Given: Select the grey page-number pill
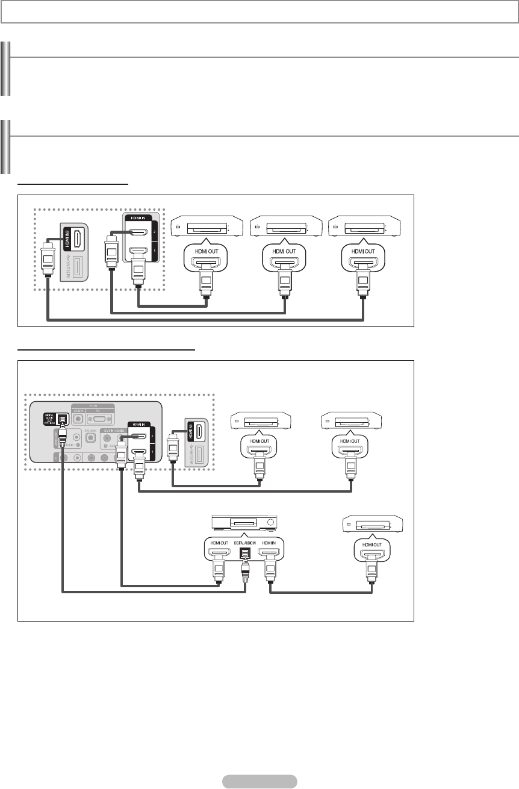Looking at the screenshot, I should [259, 781].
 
